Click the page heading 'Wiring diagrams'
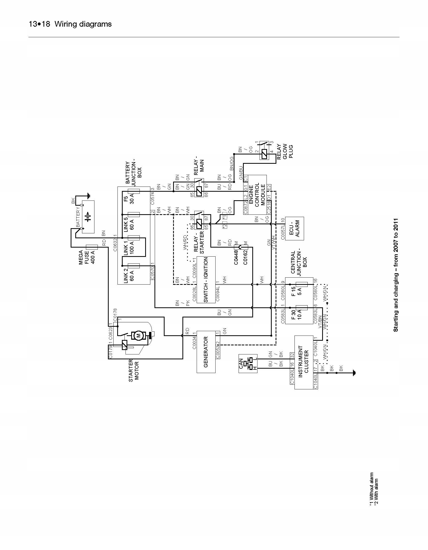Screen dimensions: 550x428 tap(83, 24)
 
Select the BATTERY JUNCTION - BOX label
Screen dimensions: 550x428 tap(134, 173)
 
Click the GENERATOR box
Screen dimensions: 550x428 tap(206, 352)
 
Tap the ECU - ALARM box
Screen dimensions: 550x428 tap(294, 228)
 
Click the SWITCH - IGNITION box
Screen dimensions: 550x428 tap(206, 280)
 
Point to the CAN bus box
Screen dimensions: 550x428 tap(248, 363)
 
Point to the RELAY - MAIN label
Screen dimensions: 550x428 tap(199, 166)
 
